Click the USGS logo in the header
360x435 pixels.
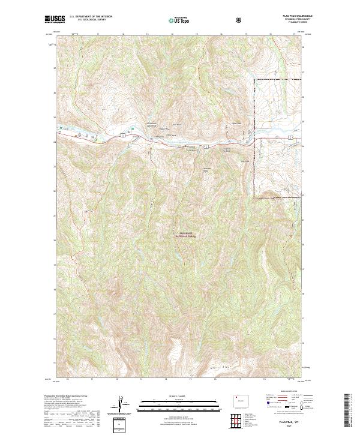click(55, 19)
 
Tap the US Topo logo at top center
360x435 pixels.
click(179, 20)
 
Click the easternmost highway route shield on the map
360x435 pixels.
click(290, 139)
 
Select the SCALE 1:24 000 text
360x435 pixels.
click(179, 394)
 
